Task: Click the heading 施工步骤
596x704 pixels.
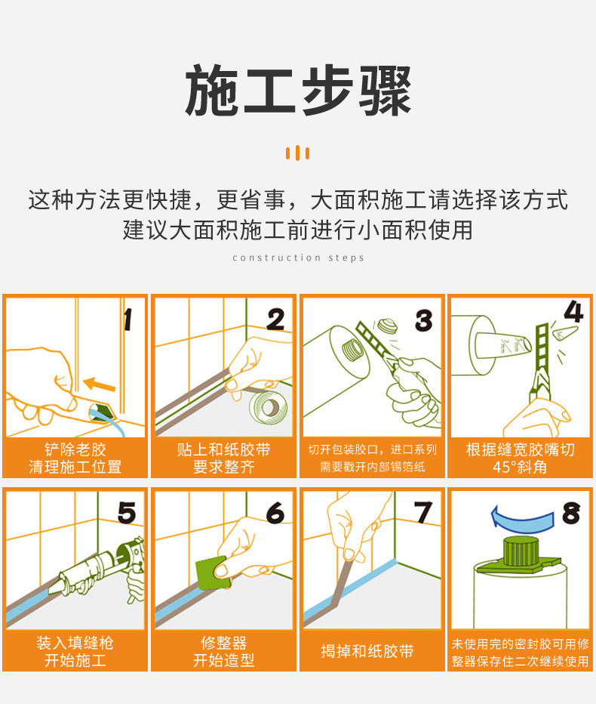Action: click(x=298, y=90)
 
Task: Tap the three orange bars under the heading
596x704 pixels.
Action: click(x=298, y=153)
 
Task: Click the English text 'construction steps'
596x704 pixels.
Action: click(x=298, y=258)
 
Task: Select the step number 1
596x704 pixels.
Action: click(x=128, y=320)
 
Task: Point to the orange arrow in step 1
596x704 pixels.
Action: click(x=100, y=384)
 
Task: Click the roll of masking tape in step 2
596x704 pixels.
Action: click(x=269, y=407)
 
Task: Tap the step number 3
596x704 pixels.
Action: click(x=424, y=320)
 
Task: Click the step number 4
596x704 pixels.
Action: click(x=573, y=312)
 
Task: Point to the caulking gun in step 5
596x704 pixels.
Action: click(x=97, y=569)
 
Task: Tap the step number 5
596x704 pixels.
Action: click(x=127, y=513)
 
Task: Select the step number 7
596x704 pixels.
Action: click(x=423, y=512)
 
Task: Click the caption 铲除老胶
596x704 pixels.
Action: click(x=75, y=449)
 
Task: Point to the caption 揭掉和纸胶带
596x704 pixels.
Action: click(x=367, y=651)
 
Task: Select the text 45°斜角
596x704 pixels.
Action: click(x=520, y=467)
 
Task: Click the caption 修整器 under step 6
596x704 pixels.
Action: click(x=223, y=643)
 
